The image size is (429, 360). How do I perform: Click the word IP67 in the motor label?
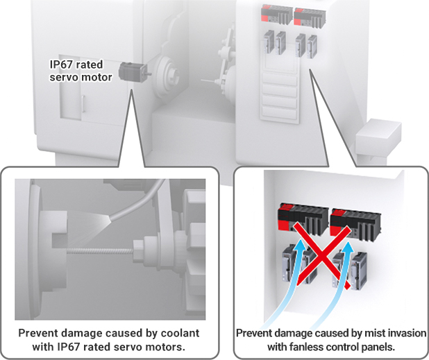point(61,65)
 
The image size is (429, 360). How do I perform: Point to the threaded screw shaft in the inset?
point(100,250)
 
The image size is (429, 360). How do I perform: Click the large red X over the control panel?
point(322,255)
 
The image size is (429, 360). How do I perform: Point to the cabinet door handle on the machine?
point(83,104)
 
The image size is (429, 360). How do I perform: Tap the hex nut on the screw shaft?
point(137,251)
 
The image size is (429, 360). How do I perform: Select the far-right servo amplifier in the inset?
point(359,271)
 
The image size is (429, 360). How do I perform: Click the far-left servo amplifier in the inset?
point(289,263)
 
